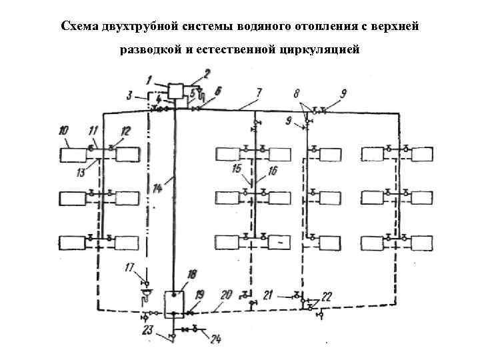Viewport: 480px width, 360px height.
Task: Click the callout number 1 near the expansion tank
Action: tap(151, 79)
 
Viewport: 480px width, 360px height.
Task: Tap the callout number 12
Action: tap(125, 131)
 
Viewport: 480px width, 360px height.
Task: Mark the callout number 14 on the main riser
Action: tap(157, 189)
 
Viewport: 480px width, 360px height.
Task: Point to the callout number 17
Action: tap(130, 268)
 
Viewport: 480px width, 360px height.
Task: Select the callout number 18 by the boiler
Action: tap(193, 274)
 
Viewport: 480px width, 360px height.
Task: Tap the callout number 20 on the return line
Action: tap(226, 293)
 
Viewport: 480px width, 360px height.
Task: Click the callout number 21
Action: tap(268, 294)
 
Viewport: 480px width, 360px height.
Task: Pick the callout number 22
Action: tap(327, 297)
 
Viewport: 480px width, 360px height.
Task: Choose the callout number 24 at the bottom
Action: tap(215, 339)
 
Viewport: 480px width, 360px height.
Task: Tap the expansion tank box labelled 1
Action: tap(177, 91)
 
